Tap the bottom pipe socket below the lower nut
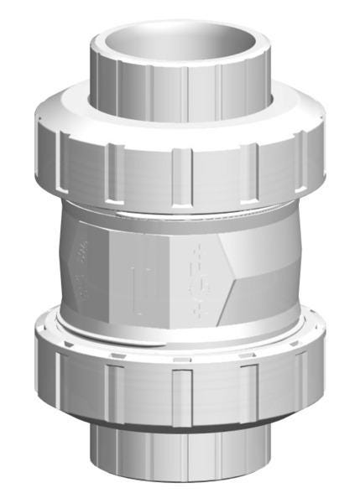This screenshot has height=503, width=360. tap(181, 457)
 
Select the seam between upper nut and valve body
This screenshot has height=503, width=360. tap(181, 210)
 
